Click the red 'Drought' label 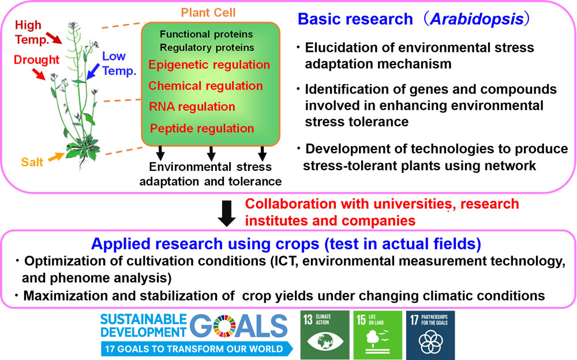pos(36,59)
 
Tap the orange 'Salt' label pos(32,162)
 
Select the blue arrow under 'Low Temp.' pos(93,72)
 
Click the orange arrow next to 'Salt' pos(57,156)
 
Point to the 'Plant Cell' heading pos(208,13)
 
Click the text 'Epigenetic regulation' pos(209,65)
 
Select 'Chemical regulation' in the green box pos(205,86)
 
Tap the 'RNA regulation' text pos(192,107)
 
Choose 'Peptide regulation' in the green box pos(201,129)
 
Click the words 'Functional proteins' pos(206,34)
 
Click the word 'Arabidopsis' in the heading pos(477,19)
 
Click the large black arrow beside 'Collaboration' pos(227,213)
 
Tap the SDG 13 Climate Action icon pos(325,335)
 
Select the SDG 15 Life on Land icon pos(377,335)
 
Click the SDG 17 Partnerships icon pos(430,335)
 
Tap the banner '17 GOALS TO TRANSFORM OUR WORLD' pos(197,349)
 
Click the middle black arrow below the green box pos(211,153)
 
